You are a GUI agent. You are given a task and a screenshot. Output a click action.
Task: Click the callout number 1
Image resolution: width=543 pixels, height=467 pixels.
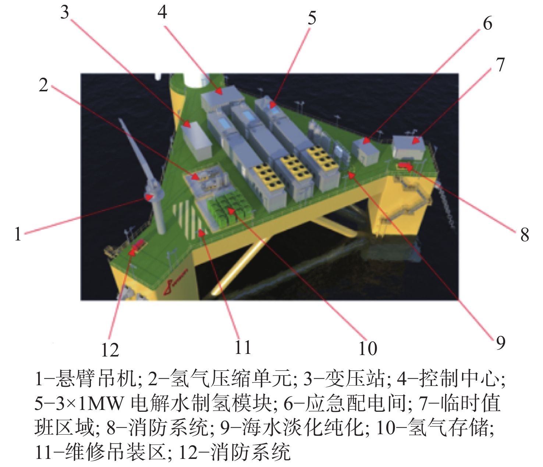[x=18, y=234]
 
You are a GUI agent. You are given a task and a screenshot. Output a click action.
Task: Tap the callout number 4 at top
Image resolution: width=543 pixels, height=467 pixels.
[x=162, y=12]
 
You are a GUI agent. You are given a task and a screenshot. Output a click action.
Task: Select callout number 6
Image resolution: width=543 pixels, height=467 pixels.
[x=487, y=24]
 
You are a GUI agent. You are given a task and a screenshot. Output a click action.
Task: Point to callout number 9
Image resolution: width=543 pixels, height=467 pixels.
[x=501, y=343]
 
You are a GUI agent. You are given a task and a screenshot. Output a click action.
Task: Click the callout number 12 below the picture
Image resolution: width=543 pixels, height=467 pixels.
[x=110, y=350]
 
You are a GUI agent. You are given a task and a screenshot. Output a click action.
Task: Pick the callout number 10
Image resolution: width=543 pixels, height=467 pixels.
[x=368, y=348]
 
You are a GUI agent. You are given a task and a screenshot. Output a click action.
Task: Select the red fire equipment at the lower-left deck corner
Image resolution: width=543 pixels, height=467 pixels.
[x=138, y=246]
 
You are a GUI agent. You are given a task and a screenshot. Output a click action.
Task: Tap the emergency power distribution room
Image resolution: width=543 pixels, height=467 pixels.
[x=366, y=151]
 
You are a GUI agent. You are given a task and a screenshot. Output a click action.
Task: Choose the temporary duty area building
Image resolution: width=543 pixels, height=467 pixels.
[x=408, y=147]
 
